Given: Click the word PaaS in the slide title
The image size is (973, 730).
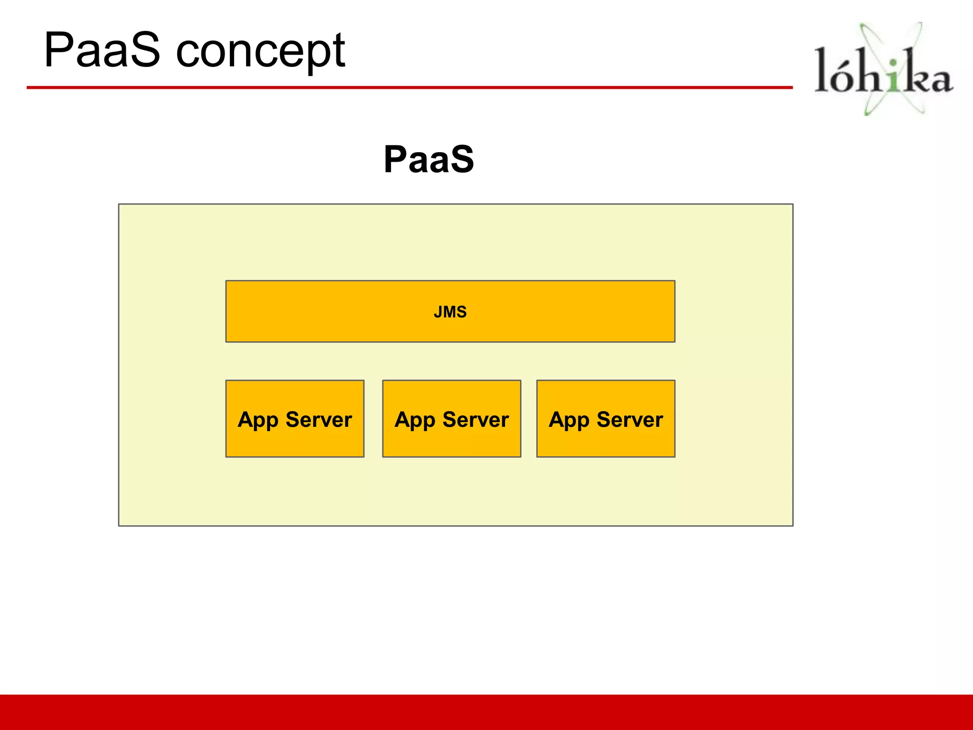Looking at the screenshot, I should pos(102,50).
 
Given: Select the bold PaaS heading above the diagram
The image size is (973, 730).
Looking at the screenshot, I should pos(429,159).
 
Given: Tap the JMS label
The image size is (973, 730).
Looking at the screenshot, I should pos(450,312).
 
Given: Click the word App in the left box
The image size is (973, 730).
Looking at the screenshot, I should pos(258,420).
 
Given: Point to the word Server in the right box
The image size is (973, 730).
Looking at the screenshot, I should pos(630,420).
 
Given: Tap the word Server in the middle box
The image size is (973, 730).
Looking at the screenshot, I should pos(476,420).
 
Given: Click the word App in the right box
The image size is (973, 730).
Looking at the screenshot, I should pos(569,420).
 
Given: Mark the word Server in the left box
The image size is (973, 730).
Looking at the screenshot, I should pos(319,420).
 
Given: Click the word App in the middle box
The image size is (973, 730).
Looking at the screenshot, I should pos(415,420).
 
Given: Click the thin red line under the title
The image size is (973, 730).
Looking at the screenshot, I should pos(409,87).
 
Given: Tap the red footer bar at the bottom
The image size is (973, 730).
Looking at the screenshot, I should pos(486,712).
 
